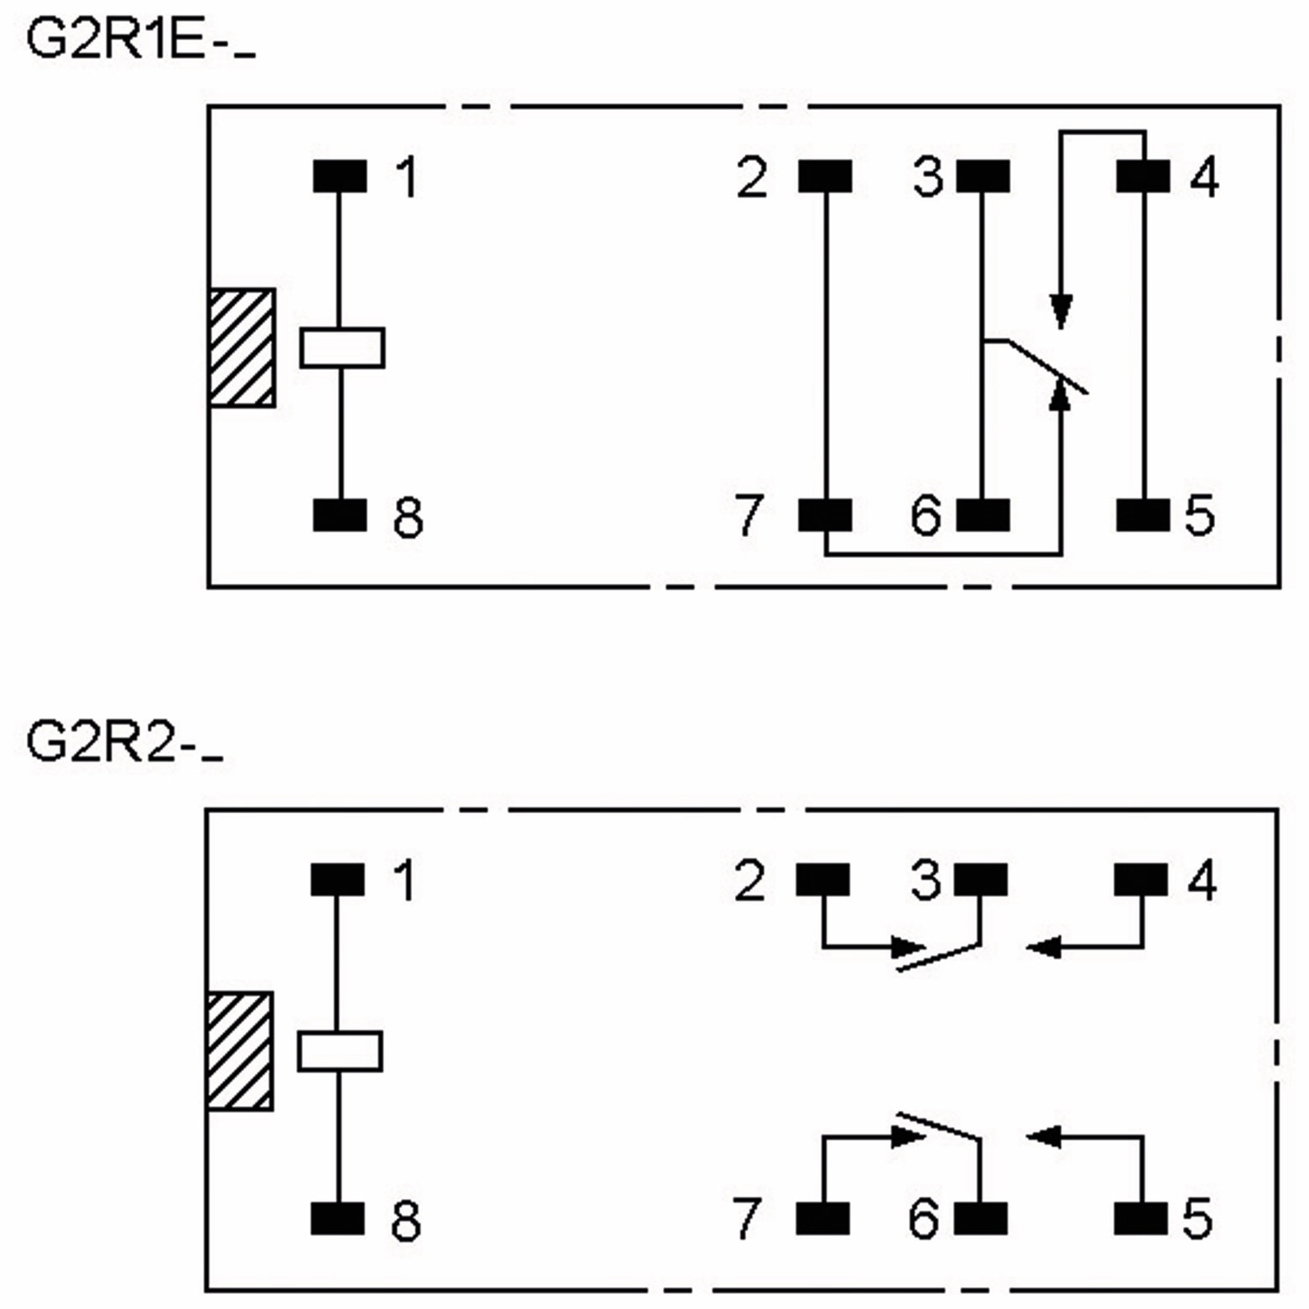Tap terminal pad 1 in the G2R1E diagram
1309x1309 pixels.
340,177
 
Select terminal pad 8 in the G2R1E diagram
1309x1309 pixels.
340,515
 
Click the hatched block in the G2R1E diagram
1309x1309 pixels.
242,348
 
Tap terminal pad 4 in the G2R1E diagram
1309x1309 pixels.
1143,177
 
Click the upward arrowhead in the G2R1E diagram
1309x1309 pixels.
1061,393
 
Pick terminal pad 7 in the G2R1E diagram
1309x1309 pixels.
825,515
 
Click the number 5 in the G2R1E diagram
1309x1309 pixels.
1199,515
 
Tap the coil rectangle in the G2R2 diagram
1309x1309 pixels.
340,1051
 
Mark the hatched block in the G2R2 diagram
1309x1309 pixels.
240,1051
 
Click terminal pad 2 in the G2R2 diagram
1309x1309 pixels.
822,880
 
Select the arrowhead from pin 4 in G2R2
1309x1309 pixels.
1042,948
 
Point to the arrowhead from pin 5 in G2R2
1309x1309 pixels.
1042,1138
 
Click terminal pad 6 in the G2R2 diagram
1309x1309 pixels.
981,1218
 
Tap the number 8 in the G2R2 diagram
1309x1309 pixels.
406,1221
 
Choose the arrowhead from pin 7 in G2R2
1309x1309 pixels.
908,1138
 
